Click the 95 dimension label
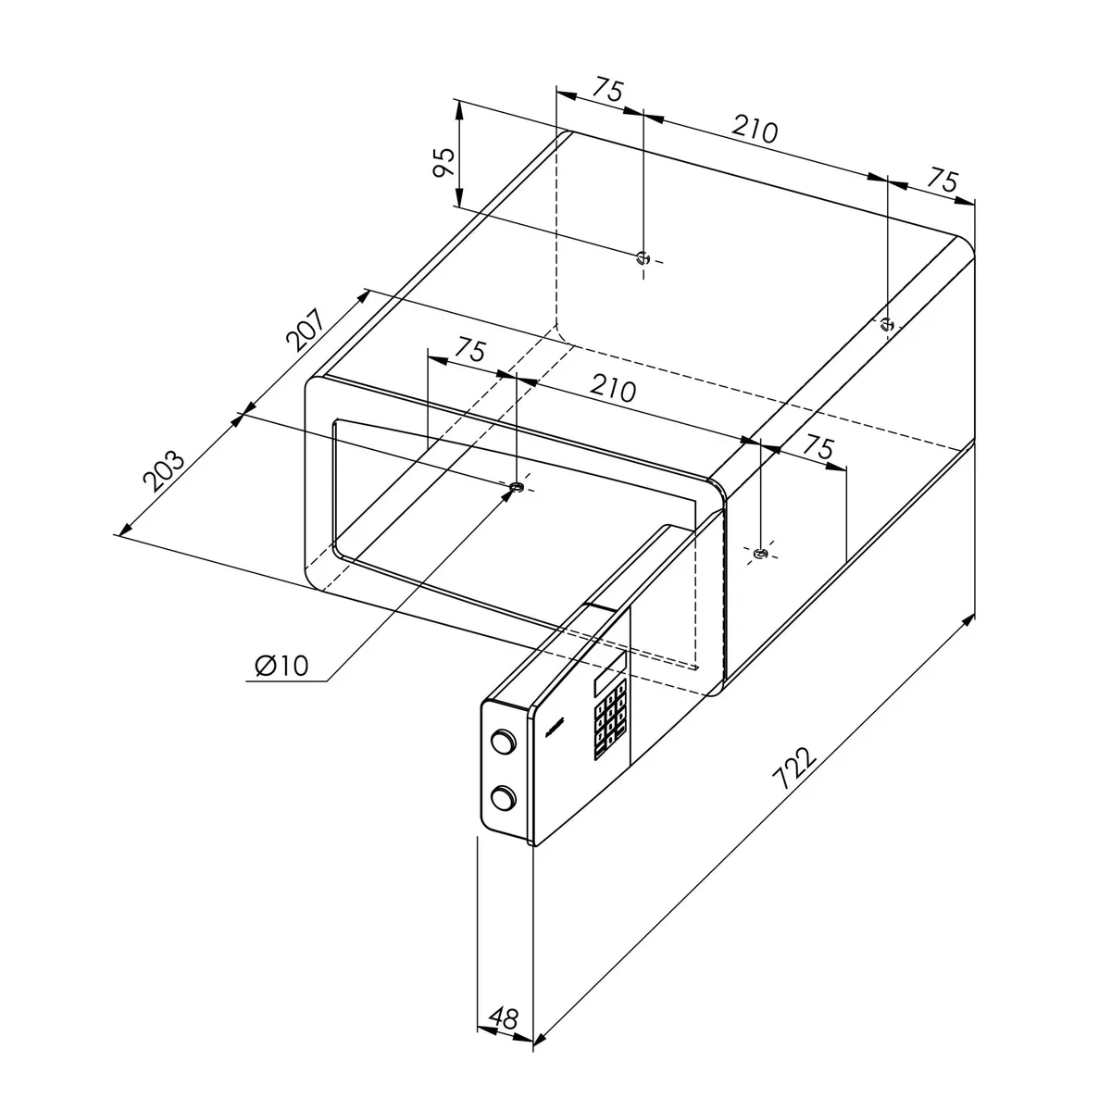click(x=444, y=163)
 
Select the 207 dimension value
click(x=306, y=331)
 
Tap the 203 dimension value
click(x=164, y=470)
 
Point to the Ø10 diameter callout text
click(x=282, y=666)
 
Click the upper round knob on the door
click(x=504, y=741)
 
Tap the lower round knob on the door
click(x=504, y=798)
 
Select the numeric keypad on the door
click(x=609, y=719)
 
